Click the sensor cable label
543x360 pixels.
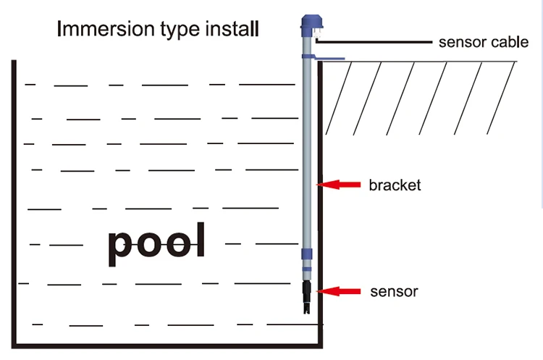coord(483,42)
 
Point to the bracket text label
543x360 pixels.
coord(395,185)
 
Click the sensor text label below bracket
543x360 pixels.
coord(394,292)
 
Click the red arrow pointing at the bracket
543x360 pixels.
coord(341,185)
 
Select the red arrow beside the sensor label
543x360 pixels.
coord(341,291)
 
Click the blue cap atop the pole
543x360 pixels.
coord(311,26)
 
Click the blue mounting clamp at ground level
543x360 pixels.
coord(319,56)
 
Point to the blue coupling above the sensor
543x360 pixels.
coord(308,256)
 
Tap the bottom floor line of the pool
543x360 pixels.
coord(167,345)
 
